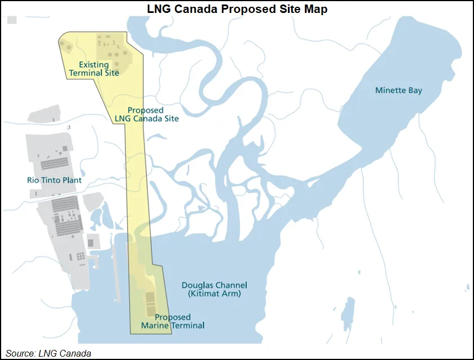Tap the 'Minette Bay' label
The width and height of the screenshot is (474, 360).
[399, 91]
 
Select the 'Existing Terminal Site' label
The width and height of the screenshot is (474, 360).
[94, 69]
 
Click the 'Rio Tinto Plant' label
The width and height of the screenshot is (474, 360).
[54, 181]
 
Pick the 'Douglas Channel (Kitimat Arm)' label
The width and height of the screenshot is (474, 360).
[215, 289]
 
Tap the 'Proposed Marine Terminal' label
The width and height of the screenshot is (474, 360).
[173, 321]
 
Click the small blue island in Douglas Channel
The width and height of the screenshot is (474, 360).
[349, 313]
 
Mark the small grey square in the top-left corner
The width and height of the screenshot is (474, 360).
[12, 20]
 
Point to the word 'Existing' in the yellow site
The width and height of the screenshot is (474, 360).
[93, 65]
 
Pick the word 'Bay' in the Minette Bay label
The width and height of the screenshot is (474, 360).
[415, 91]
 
